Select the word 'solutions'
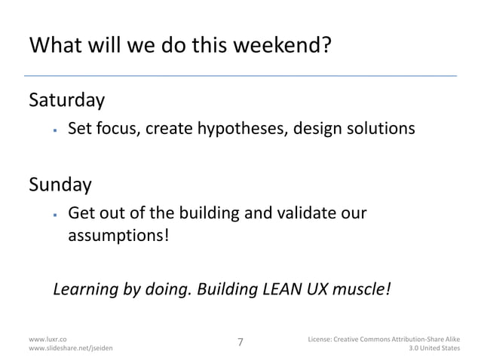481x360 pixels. coord(377,130)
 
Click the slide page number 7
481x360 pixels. coord(240,343)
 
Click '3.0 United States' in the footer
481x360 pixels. coord(434,349)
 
